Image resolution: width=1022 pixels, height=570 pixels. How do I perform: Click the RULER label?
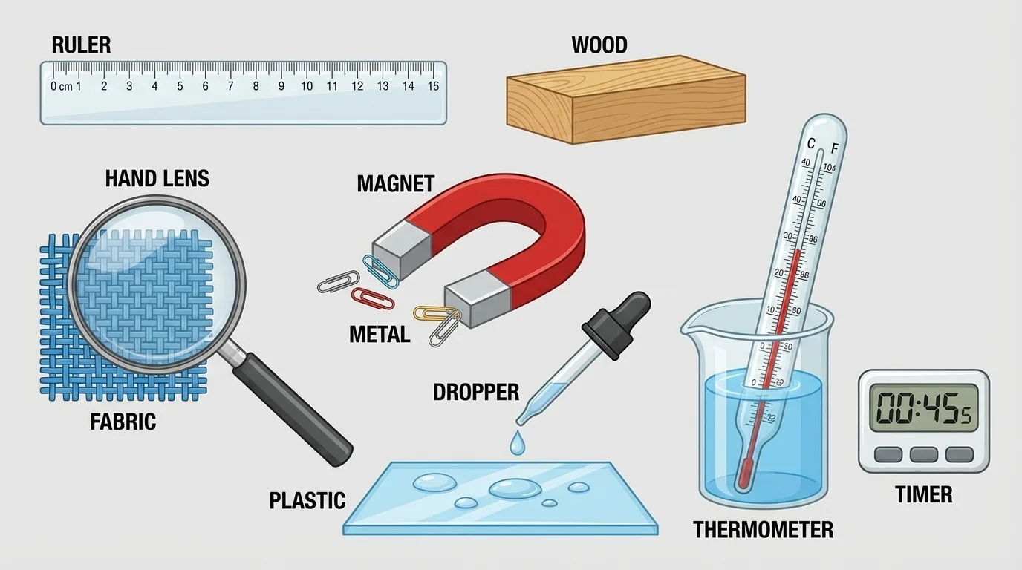point(81,45)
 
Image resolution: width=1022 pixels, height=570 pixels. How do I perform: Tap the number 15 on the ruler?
point(433,86)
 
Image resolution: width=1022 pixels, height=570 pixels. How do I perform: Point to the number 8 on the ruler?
point(255,86)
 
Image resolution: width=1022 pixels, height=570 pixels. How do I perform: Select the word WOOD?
point(599,45)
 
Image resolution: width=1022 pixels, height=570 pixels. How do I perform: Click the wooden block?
point(625,100)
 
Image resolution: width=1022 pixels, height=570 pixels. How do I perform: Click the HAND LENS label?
point(157,178)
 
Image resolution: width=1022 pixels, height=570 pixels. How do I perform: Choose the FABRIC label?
point(123,422)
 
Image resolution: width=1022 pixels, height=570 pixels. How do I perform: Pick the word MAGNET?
point(395,183)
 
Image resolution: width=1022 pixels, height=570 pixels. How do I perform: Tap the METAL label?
point(379,335)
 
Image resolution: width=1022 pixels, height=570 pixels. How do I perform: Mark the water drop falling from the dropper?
point(516,444)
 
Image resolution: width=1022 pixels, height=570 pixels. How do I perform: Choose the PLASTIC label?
point(307,500)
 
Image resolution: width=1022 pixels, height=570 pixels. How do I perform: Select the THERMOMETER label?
point(763,529)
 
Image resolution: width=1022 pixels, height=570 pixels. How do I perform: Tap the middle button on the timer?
point(923,454)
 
